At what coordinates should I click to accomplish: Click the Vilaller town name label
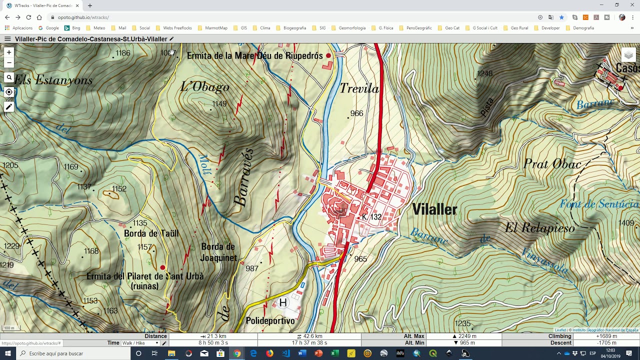(x=434, y=209)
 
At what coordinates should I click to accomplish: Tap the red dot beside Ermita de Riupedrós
(x=328, y=55)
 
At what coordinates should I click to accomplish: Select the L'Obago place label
(x=204, y=87)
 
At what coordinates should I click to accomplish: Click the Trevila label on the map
(x=359, y=89)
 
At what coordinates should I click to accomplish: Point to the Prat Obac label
(x=552, y=164)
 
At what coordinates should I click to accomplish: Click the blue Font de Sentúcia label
(x=599, y=204)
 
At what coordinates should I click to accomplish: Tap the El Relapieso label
(x=539, y=228)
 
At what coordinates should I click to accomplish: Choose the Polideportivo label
(x=270, y=321)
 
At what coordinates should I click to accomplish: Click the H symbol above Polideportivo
(x=283, y=302)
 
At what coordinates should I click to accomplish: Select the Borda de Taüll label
(x=151, y=233)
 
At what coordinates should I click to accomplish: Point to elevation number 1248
(x=484, y=73)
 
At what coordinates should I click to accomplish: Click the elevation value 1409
(x=626, y=223)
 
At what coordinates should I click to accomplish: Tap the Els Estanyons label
(x=53, y=80)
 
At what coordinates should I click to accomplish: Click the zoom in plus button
(x=8, y=52)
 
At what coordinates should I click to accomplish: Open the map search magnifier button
(x=8, y=77)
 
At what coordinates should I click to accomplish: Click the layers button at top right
(x=628, y=55)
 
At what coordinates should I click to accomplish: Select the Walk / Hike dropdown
(x=140, y=343)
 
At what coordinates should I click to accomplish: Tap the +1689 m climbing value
(x=605, y=336)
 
